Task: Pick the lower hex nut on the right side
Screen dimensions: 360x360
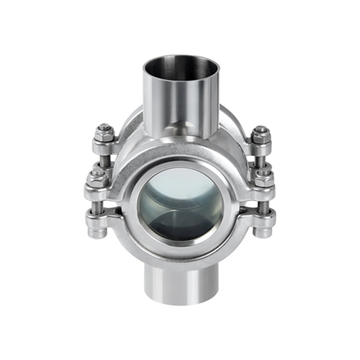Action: [265, 179]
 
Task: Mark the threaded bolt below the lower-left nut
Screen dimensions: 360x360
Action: [98, 207]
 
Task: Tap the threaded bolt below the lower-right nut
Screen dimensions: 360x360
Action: [264, 207]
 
